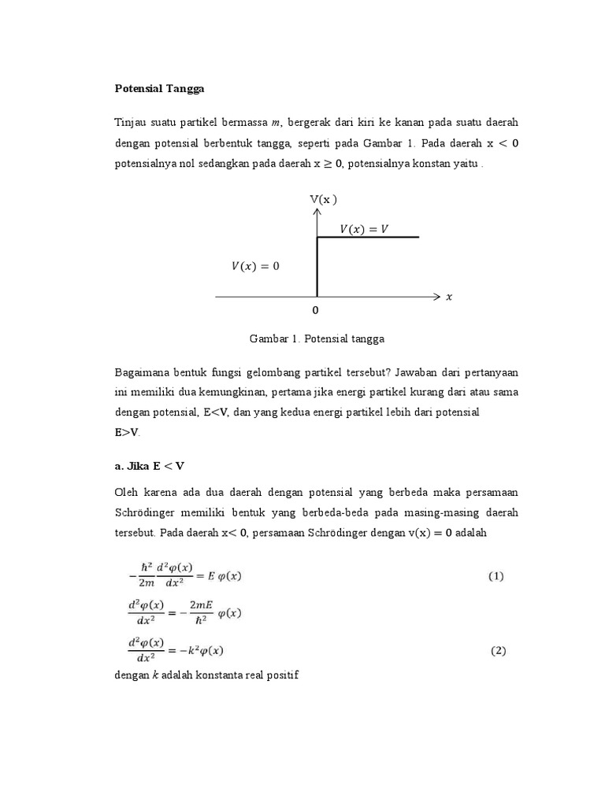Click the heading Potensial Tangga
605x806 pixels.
[159, 89]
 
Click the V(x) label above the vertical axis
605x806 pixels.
[322, 199]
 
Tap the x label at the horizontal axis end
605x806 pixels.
[449, 297]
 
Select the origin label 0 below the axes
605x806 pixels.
[317, 311]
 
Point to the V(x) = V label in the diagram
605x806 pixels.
[364, 228]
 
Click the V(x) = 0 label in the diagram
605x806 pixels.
[255, 266]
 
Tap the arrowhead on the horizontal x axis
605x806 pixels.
[438, 297]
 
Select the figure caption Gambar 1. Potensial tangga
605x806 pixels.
[317, 339]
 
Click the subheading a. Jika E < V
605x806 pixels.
[150, 465]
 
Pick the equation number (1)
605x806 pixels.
[496, 576]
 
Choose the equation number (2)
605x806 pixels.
[498, 651]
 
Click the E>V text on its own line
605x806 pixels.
[127, 432]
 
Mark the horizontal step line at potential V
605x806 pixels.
[367, 238]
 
